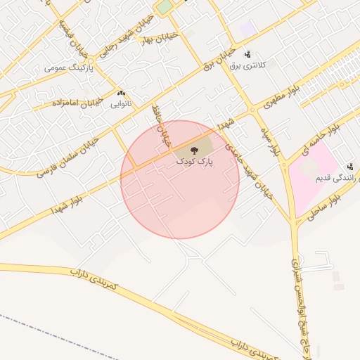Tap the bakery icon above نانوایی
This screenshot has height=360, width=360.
[x=121, y=93]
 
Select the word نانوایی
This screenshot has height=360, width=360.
[x=121, y=105]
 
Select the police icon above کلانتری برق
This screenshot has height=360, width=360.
[x=247, y=54]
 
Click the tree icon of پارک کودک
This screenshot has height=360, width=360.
[x=194, y=150]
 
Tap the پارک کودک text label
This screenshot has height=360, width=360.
[x=195, y=162]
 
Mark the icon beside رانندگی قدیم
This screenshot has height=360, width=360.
[x=349, y=166]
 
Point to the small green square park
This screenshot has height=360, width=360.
[x=163, y=8]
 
